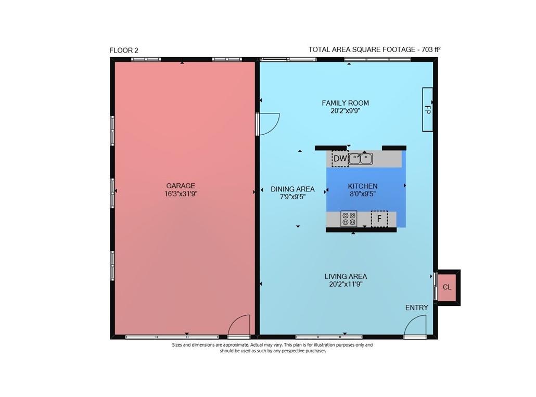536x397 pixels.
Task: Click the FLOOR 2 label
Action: point(124,50)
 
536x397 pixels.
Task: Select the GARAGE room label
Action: point(181,186)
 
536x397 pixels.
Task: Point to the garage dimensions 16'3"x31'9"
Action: point(181,194)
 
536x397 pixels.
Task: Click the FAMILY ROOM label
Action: point(345,103)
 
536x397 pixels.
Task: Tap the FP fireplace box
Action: point(427,109)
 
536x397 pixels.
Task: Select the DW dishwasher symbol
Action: point(340,159)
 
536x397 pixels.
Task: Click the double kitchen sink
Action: point(360,159)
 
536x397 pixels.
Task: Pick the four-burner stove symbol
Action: point(349,219)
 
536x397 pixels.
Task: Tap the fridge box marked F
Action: point(379,219)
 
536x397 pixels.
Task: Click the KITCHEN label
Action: point(363,186)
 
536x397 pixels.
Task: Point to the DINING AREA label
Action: point(292,189)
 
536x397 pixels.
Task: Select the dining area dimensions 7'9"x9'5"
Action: point(292,197)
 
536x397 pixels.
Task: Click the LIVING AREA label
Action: point(346,276)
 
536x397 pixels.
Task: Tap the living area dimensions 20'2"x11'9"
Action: point(346,284)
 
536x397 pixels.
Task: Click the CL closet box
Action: point(447,287)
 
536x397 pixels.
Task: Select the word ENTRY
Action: point(417,308)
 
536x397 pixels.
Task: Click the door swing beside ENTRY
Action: point(416,326)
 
